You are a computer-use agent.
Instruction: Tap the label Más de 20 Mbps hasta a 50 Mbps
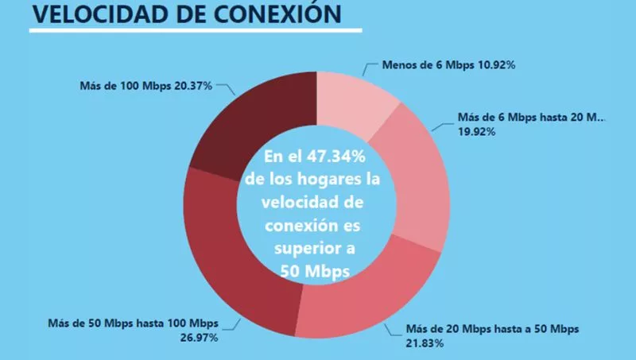[492, 330]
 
